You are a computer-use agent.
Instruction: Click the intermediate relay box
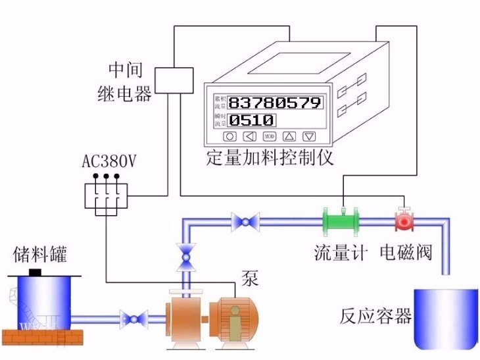click(176, 79)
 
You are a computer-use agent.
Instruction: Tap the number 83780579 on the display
click(276, 102)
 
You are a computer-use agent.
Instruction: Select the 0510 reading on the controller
click(252, 120)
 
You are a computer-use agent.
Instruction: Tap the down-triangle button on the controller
click(309, 137)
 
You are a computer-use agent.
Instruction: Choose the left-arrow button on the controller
click(249, 137)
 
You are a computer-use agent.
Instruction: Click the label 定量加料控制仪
click(270, 159)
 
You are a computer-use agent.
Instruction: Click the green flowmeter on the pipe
click(342, 220)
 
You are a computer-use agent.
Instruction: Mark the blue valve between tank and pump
click(137, 319)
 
